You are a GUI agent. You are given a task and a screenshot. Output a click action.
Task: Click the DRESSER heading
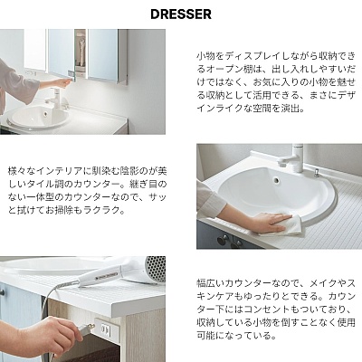coord(181,14)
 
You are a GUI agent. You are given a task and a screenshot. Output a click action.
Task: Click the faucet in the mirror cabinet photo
coord(57,97)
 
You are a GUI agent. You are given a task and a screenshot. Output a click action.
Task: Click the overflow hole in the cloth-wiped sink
coord(276,180)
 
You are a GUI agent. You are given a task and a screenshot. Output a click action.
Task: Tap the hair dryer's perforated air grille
coord(156,269)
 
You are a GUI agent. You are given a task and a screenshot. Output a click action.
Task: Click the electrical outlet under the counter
coord(105,329)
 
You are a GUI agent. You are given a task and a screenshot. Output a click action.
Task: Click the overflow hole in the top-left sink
coord(45,114)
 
